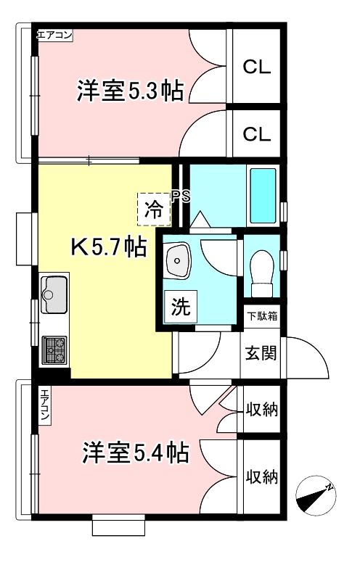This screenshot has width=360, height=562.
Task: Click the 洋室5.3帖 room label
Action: coord(129,92)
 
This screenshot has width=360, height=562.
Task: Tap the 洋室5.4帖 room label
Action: coord(135,453)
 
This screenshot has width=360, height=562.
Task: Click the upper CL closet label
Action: coord(256,67)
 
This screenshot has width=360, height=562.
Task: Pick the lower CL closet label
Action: coord(256,134)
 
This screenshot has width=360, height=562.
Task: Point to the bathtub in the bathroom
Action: coord(262,196)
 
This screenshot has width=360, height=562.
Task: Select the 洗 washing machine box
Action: coord(179,307)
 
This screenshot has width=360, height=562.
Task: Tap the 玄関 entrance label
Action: coord(260,353)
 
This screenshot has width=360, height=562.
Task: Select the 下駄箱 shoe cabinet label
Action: coord(261,315)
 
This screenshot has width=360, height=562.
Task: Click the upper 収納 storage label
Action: coord(261,410)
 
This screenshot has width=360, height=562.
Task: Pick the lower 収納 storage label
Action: coord(261,476)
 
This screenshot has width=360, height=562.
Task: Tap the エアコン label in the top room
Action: coord(54,34)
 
